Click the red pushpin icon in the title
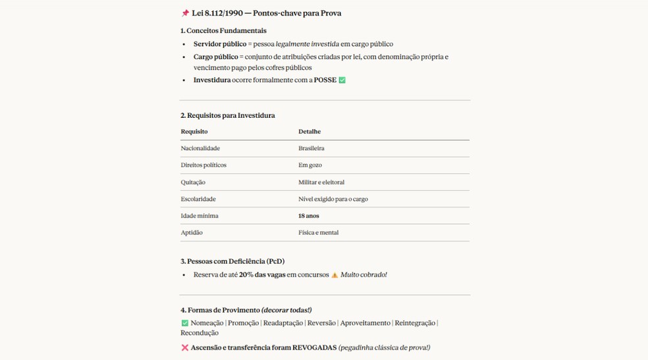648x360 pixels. point(185,13)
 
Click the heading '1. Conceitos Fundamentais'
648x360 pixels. point(223,30)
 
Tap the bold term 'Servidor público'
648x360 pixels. point(220,44)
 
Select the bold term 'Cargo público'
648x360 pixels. point(216,57)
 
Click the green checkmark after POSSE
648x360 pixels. point(342,80)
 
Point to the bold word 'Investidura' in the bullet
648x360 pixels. point(212,80)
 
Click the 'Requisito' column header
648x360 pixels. point(194,132)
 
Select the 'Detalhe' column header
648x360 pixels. point(310,132)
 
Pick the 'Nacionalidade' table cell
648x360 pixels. point(200,148)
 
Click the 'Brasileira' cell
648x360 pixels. point(311,148)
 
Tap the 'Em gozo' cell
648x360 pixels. point(310,165)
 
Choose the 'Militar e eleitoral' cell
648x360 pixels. point(321,182)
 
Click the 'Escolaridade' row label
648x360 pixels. point(198,199)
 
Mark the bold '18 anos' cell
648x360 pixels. point(309,216)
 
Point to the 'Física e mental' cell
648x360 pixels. point(319,233)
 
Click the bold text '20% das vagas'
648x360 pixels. point(262,274)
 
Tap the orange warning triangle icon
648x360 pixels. point(335,275)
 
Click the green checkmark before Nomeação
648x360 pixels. point(185,323)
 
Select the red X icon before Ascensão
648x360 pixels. point(185,347)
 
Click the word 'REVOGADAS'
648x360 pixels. point(315,347)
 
